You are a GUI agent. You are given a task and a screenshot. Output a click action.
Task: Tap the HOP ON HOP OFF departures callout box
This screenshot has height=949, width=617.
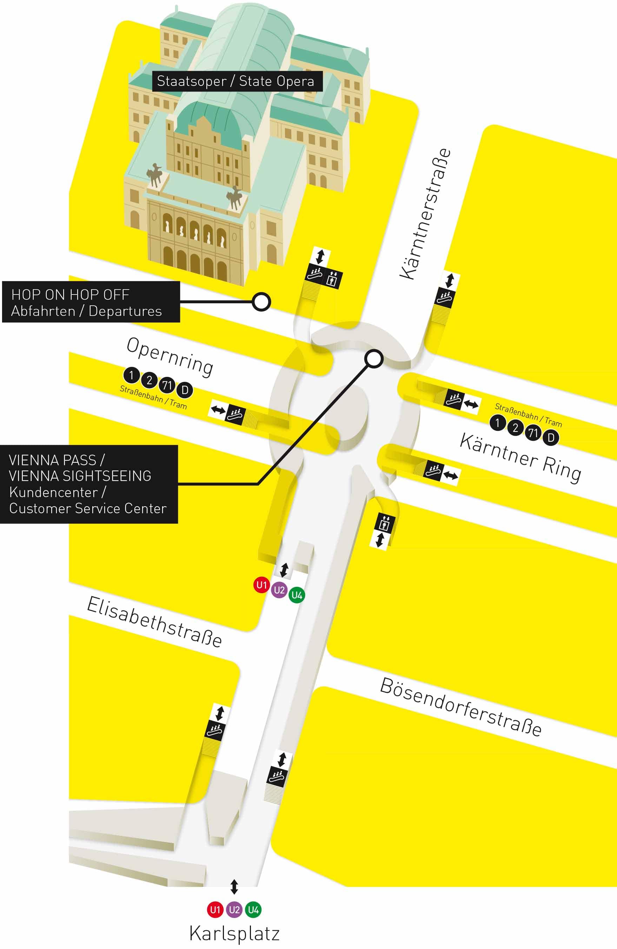pyautogui.click(x=91, y=302)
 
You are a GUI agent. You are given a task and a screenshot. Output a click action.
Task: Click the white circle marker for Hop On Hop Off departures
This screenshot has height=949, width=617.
pyautogui.click(x=261, y=302)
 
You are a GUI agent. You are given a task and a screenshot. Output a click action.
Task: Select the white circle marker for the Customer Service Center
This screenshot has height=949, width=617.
pyautogui.click(x=374, y=359)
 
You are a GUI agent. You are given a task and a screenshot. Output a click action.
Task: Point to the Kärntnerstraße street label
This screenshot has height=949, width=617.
pyautogui.click(x=425, y=214)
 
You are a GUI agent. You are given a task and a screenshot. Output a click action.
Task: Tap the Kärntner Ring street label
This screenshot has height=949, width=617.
pyautogui.click(x=520, y=457)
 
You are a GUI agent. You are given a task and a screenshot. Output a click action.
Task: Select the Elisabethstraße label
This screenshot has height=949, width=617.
pyautogui.click(x=154, y=621)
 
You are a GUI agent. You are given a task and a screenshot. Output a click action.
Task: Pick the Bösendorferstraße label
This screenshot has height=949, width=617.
pyautogui.click(x=460, y=706)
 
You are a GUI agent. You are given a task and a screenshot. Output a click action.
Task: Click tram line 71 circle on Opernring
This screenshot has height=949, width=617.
pyautogui.click(x=167, y=385)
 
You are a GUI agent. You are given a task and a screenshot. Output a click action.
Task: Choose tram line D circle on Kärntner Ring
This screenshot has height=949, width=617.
pyautogui.click(x=551, y=438)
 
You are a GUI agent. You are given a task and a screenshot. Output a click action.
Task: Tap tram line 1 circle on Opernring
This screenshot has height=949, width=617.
pyautogui.click(x=131, y=375)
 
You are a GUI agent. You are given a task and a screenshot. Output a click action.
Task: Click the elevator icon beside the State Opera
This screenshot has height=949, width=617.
pyautogui.click(x=332, y=278)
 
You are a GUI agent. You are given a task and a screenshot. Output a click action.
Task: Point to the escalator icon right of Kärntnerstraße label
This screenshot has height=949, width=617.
pyautogui.click(x=444, y=297)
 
